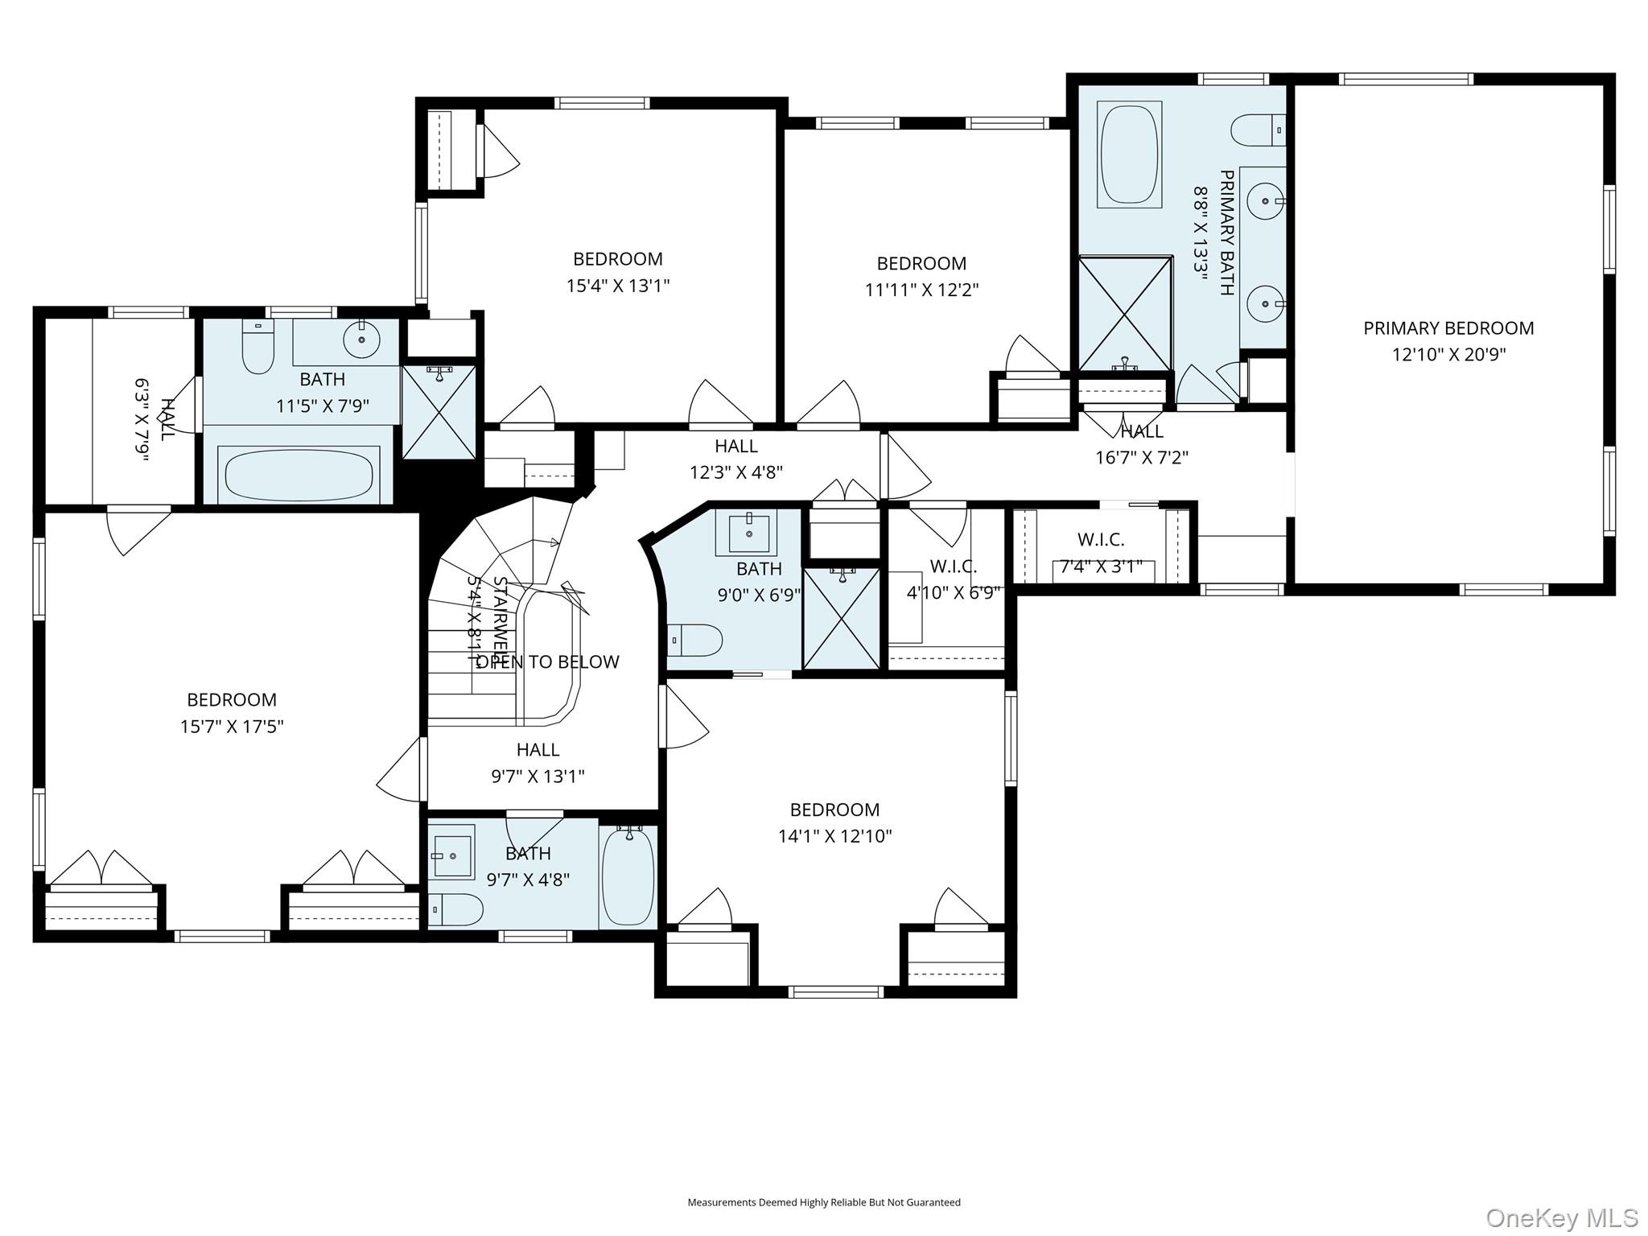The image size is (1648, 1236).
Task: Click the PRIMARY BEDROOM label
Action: [x=1448, y=328]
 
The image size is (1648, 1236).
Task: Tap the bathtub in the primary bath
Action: [x=1129, y=153]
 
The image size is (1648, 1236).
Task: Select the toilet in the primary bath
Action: [x=1255, y=130]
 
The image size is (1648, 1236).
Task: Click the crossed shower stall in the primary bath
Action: [x=1125, y=314]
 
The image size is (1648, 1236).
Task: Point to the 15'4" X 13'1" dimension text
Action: [x=618, y=286]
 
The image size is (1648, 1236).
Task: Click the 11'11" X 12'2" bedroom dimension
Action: [x=921, y=290]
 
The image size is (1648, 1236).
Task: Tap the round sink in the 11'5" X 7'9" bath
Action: [x=362, y=340]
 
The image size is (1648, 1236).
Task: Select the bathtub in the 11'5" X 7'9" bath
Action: [x=299, y=476]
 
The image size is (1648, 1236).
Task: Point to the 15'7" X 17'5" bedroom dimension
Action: [x=232, y=727]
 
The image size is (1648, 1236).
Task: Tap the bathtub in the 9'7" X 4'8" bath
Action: [x=628, y=877]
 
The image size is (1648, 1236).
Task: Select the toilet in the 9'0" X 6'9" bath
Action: [x=696, y=641]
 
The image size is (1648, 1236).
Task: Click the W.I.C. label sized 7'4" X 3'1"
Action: [x=1100, y=540]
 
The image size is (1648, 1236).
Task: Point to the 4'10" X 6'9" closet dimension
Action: [x=953, y=593]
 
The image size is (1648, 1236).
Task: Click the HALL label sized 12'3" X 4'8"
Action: [x=735, y=446]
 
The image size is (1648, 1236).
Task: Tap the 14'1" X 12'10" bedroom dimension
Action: [x=834, y=836]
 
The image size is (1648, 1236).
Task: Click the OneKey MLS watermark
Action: [x=1561, y=1217]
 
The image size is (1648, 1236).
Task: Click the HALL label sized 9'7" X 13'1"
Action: [x=538, y=750]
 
